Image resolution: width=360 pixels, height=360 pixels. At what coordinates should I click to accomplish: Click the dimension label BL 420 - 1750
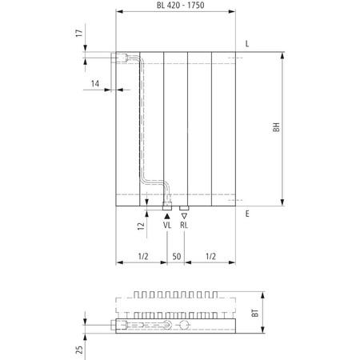[177, 6]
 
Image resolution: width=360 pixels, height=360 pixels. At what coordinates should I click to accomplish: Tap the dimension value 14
[95, 83]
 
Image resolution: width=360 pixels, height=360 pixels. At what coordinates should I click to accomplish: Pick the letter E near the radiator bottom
[248, 214]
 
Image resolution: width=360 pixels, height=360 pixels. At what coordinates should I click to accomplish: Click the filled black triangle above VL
[167, 215]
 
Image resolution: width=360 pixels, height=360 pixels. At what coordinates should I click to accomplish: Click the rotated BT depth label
[254, 315]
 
